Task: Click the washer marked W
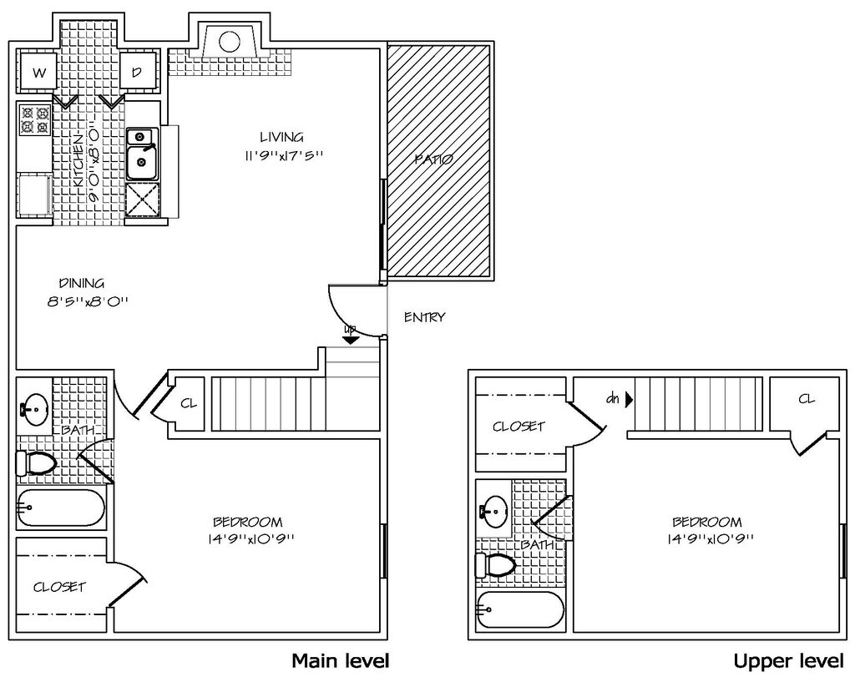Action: [38, 72]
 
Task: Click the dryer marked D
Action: [138, 72]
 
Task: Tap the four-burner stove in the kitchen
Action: [35, 120]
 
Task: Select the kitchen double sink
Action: [142, 154]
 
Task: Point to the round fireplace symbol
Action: [230, 41]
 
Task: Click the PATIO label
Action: [433, 159]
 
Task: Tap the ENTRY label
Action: [425, 316]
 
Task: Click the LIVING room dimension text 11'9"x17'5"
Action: [284, 155]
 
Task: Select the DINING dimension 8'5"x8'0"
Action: [87, 301]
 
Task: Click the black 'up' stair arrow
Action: [351, 340]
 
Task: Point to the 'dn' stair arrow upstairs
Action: [629, 400]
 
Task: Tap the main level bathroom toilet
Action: [37, 464]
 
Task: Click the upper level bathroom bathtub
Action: [520, 610]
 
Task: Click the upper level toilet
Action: [495, 564]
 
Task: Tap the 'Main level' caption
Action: [341, 661]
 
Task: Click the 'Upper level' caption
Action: [788, 661]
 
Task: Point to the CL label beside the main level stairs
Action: [189, 404]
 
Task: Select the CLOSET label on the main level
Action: [59, 587]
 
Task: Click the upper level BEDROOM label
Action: [707, 523]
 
